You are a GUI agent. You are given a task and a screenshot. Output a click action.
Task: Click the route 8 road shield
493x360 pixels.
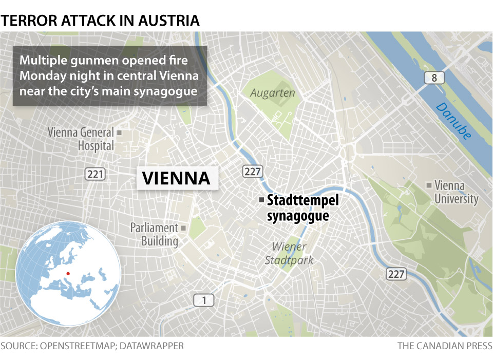point(434,78)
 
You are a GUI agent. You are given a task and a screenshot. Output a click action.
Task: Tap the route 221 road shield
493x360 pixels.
point(95,175)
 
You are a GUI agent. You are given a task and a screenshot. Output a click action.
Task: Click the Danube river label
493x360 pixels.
point(453,121)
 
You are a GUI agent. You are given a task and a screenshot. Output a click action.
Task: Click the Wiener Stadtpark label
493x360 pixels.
point(289,254)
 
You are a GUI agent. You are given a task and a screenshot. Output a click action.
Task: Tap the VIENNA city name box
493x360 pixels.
point(176,178)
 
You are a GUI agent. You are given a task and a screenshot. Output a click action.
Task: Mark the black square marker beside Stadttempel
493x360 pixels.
point(261,199)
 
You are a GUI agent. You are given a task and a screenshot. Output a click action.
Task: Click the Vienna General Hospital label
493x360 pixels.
point(81,139)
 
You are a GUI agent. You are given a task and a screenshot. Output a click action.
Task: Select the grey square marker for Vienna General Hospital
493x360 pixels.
point(120,132)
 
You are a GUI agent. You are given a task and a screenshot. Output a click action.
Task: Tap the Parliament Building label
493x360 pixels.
point(154,234)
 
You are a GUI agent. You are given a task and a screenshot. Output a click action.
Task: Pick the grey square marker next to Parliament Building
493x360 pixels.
point(183,228)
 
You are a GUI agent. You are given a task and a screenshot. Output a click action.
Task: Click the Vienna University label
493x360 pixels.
point(456,192)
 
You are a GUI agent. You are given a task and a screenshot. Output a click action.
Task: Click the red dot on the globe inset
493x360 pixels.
point(68,274)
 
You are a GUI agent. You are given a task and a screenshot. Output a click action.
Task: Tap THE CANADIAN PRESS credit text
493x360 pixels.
point(445,346)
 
